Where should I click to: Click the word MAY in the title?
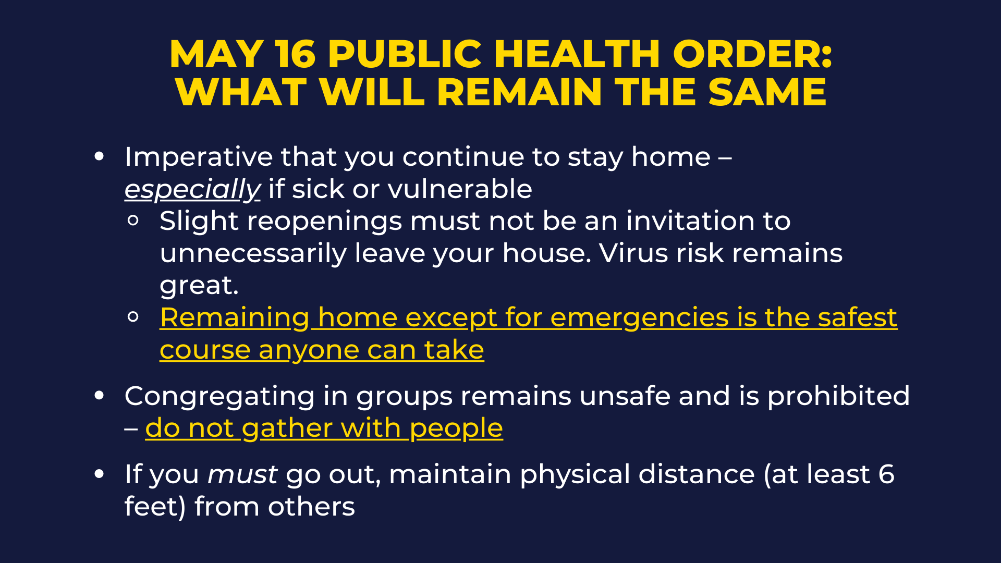click(x=216, y=54)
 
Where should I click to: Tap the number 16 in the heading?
click(x=296, y=54)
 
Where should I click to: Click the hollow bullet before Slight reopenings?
click(x=133, y=221)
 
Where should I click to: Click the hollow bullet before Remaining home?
click(x=133, y=316)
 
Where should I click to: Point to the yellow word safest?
click(x=857, y=317)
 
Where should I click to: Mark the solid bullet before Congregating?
click(x=100, y=395)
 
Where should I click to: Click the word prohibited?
click(x=838, y=396)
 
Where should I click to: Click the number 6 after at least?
click(x=886, y=474)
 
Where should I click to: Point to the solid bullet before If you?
click(x=100, y=473)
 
